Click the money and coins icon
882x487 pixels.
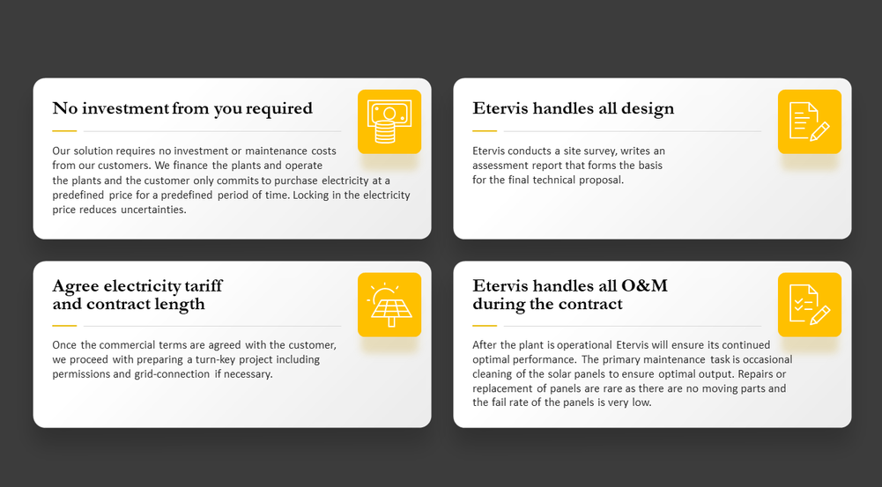click(x=389, y=122)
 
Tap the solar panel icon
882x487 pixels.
click(x=389, y=305)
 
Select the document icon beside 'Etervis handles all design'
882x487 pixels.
click(x=810, y=122)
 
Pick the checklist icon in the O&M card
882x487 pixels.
click(x=810, y=305)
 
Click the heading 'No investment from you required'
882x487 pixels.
click(x=182, y=108)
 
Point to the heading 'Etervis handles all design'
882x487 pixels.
click(x=574, y=108)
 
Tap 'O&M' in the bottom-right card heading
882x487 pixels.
click(x=644, y=285)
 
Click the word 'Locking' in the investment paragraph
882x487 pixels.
click(x=310, y=196)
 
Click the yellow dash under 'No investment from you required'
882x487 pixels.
click(x=64, y=131)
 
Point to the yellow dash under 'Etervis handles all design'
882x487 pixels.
click(x=485, y=131)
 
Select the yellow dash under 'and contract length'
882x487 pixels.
click(x=64, y=326)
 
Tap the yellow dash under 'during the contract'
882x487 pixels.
click(x=485, y=326)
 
